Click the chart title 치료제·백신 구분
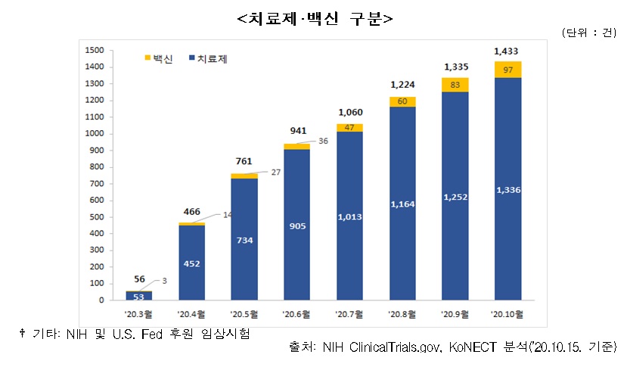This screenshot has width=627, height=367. pos(314,17)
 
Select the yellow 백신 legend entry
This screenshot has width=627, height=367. pos(158,58)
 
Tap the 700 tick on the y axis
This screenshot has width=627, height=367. pos(96,184)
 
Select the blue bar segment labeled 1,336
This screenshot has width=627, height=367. pos(507,189)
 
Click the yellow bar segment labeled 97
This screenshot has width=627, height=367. pos(507,70)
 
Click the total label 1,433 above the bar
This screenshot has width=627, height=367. pos(506,51)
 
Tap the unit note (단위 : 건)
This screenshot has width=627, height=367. pos(591,32)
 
